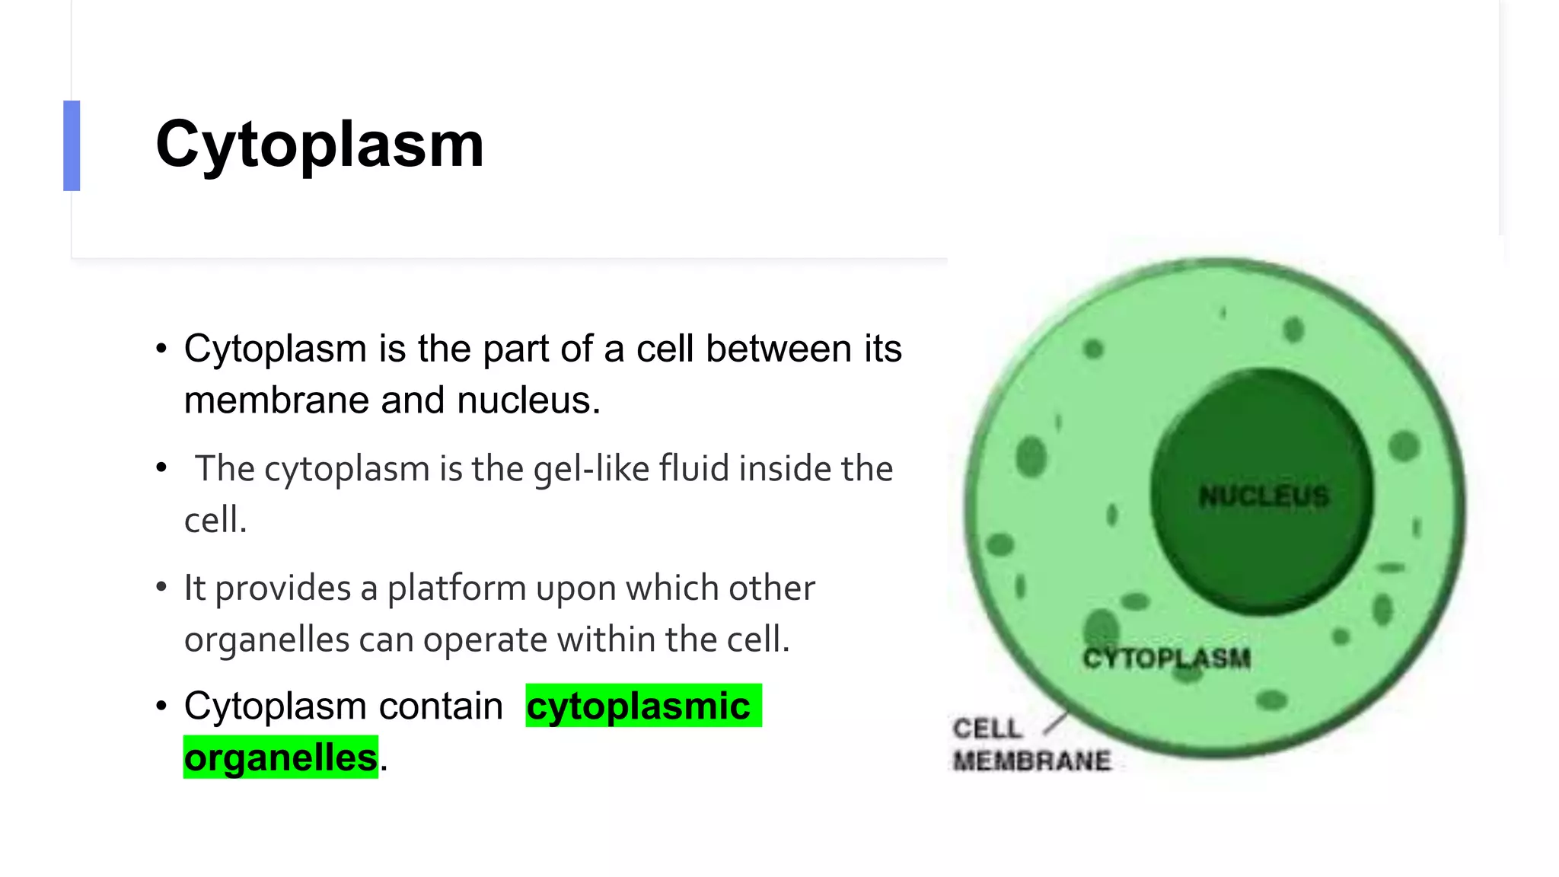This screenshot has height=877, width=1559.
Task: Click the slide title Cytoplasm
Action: [x=320, y=145]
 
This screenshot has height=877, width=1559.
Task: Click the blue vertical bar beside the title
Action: [x=72, y=145]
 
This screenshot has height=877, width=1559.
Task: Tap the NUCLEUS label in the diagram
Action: [x=1264, y=496]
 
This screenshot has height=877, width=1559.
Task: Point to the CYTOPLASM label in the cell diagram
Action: [x=1166, y=659]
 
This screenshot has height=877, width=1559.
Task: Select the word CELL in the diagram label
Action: [x=987, y=729]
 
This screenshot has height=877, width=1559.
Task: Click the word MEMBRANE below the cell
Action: [x=1031, y=761]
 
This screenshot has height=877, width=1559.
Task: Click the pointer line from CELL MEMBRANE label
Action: [x=1055, y=723]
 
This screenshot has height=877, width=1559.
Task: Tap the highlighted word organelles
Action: [x=280, y=757]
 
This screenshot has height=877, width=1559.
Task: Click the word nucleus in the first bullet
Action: [x=528, y=400]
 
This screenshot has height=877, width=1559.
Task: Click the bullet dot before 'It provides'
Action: [x=161, y=587]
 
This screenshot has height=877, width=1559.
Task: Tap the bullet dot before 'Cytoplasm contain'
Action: [x=161, y=706]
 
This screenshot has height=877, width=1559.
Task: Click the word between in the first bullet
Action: [x=778, y=349]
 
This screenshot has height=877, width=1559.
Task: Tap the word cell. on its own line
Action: [x=215, y=521]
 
